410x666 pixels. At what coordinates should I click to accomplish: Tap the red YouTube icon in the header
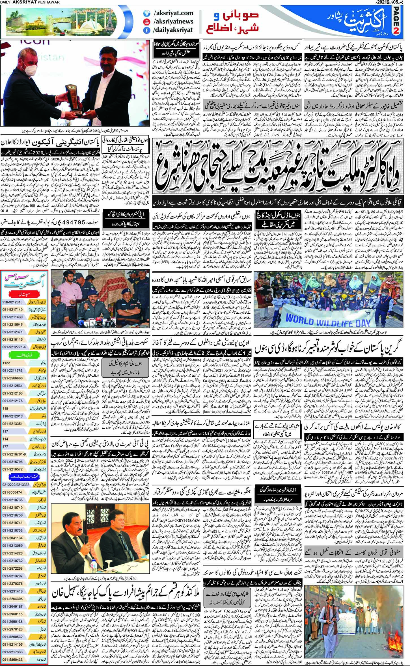click(146, 21)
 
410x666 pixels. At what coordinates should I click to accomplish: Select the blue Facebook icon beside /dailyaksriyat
click(146, 29)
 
